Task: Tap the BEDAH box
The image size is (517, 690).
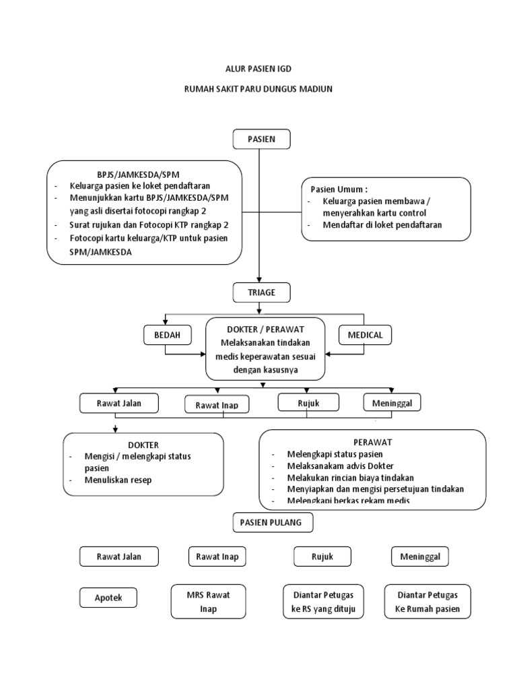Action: tap(168, 335)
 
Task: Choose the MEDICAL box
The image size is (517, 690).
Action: tap(365, 335)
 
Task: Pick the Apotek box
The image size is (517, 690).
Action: tap(108, 597)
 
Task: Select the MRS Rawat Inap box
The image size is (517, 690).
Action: tap(204, 602)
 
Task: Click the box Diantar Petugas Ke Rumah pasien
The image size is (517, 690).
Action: tap(428, 602)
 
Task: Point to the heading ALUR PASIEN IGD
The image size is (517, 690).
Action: tap(258, 69)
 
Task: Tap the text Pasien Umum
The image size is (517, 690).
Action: tap(339, 189)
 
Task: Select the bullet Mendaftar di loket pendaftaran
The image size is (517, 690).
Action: tap(382, 225)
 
